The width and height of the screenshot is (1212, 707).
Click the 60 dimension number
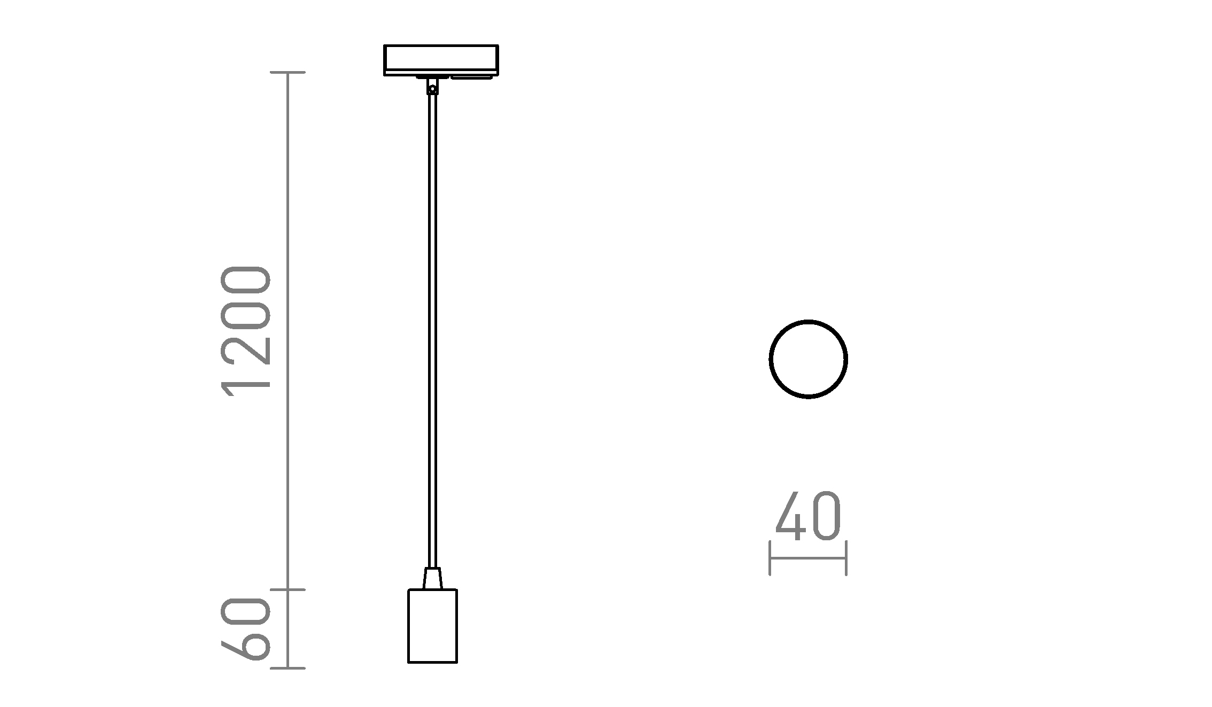[246, 629]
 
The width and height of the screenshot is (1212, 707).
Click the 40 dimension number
[808, 516]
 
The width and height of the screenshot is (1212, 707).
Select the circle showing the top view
[808, 359]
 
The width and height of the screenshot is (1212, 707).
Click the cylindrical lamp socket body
[432, 626]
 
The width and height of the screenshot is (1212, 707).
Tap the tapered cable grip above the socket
[432, 578]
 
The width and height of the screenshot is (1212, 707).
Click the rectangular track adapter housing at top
[441, 57]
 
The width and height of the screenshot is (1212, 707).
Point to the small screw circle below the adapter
[433, 89]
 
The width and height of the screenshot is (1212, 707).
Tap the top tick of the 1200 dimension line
[288, 72]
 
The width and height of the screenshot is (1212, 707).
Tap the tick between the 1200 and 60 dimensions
[288, 589]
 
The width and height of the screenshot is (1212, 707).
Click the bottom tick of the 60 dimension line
[288, 668]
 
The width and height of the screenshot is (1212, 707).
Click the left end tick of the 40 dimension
[770, 558]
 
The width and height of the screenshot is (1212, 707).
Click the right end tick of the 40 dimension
[846, 558]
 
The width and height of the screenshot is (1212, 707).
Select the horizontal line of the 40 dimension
[808, 558]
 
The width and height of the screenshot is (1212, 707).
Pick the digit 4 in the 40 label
[790, 516]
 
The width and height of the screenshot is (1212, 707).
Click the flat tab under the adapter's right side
[471, 77]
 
